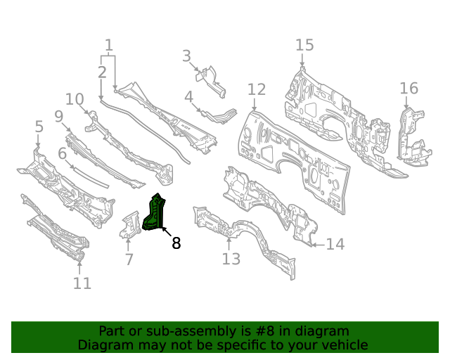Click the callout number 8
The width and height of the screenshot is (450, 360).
pos(176,243)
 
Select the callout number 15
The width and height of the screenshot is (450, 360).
pos(304,46)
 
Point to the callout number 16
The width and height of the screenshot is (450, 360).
pos(409,89)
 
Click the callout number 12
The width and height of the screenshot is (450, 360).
pos(257,89)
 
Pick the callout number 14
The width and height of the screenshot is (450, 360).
pos(335,244)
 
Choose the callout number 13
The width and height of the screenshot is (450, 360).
pos(231,259)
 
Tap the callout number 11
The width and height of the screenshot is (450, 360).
pos(82,283)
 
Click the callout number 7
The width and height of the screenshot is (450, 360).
pos(129,259)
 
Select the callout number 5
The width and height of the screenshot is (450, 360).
pos(39,127)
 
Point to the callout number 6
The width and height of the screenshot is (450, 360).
pos(62,153)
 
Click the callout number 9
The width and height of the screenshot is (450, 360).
pos(58,116)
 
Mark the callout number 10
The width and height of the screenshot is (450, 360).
pos(75,98)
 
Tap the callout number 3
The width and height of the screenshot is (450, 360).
pos(186,56)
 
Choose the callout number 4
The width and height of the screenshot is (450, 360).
pos(189,96)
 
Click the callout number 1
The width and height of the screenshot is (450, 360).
pos(108,46)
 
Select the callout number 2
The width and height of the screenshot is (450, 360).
pos(102,72)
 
